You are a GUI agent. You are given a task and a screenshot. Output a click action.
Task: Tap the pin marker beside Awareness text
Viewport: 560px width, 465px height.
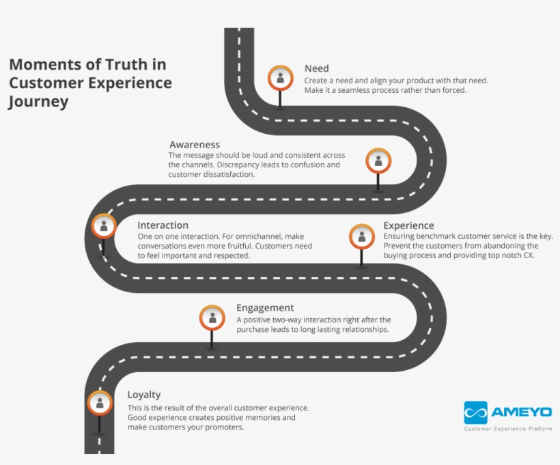point(378,161)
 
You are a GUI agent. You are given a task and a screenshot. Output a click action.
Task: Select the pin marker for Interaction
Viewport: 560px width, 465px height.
point(104,226)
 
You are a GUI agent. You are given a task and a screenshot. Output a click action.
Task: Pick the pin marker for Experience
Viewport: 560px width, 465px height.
point(362,236)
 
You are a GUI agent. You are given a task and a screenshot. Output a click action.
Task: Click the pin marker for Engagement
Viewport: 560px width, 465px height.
point(212,318)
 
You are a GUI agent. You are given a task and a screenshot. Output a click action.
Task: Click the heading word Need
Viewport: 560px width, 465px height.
point(316,68)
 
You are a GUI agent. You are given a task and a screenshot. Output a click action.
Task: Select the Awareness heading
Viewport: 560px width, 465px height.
point(195,145)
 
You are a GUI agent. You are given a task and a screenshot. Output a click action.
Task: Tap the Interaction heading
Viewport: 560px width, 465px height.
point(163,225)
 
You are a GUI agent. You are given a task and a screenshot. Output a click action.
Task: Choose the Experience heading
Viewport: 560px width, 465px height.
point(408,225)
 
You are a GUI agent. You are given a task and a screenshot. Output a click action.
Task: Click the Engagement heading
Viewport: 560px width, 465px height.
point(265,308)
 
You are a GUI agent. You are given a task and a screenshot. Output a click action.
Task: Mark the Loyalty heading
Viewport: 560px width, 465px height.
point(144,395)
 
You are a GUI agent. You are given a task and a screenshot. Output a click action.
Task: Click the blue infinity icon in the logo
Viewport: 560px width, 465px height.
point(475,412)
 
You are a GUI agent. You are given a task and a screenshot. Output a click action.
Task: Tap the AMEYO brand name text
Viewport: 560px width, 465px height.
point(522,412)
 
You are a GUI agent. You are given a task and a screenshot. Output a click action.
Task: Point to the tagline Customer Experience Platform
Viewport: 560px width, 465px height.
point(508,429)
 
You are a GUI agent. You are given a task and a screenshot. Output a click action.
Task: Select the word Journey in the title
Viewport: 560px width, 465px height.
point(39,102)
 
